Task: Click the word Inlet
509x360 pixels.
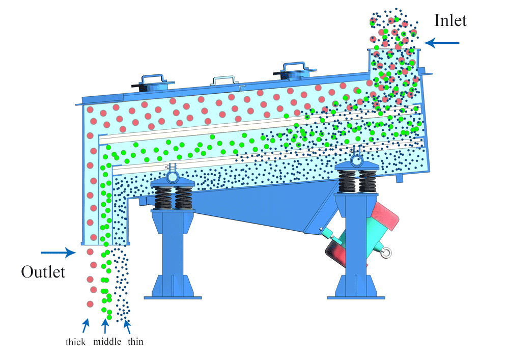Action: pos(450,20)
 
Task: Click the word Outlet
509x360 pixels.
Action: pos(43,272)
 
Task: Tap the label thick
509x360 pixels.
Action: pos(75,342)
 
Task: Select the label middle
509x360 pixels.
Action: pos(107,342)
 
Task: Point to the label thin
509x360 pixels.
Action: pos(135,342)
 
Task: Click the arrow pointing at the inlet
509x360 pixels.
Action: pos(442,43)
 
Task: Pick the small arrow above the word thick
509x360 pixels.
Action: pos(86,325)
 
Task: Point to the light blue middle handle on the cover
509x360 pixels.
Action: pos(224,79)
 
